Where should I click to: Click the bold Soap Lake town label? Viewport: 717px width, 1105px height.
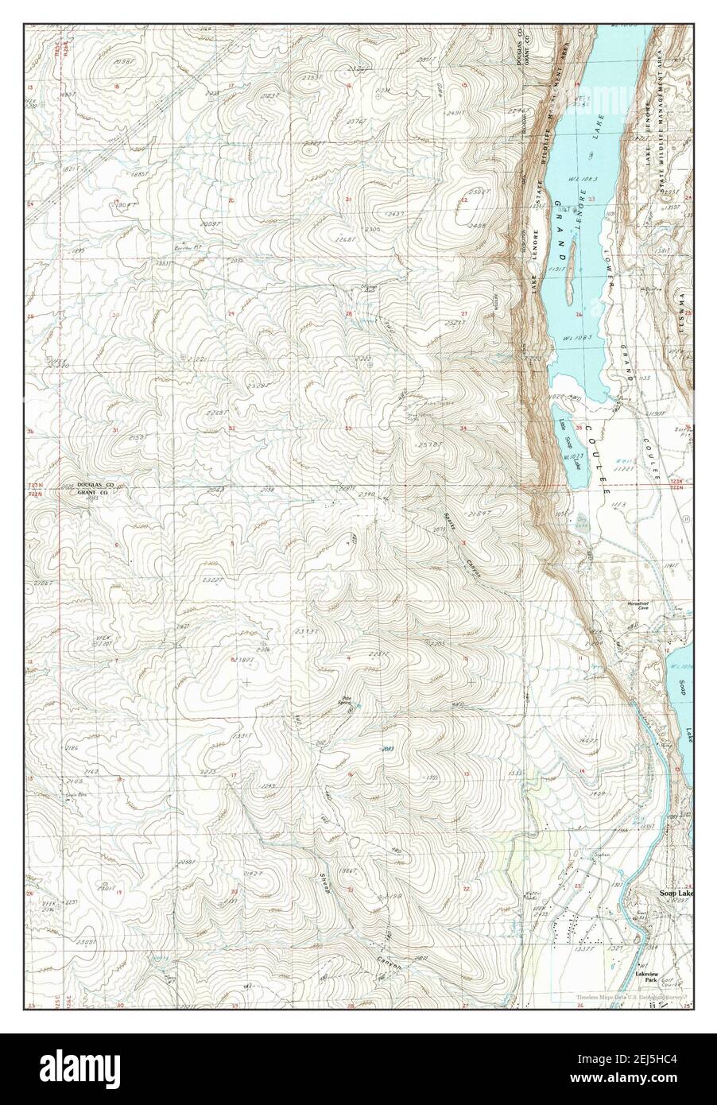click(676, 893)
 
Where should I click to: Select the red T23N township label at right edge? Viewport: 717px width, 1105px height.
click(677, 482)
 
